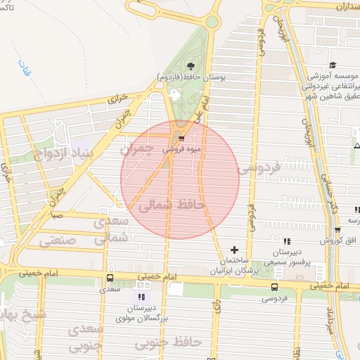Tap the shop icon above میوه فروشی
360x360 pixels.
pos(182,139)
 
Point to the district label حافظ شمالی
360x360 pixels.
pos(172,205)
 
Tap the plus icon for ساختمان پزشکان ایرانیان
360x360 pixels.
pos(235,250)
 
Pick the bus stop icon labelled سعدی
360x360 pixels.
pos(109,278)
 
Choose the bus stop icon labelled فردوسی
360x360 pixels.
pos(274,287)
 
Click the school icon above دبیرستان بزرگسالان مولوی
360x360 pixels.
pos(143,297)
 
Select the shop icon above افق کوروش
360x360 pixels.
pos(337,231)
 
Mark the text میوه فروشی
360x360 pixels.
pos(182,149)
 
